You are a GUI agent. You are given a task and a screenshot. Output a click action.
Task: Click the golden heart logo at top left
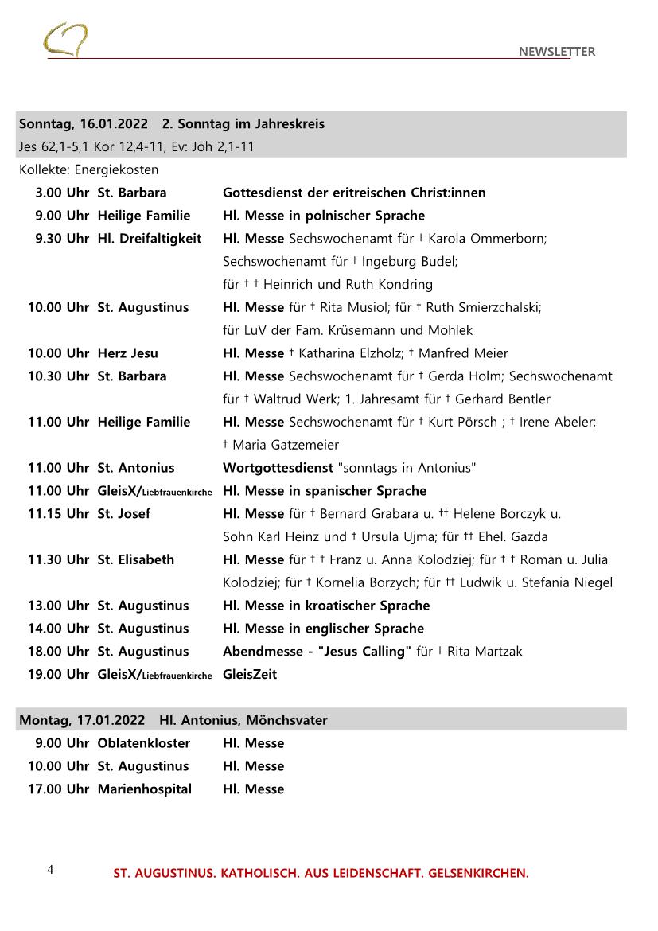[x=65, y=40]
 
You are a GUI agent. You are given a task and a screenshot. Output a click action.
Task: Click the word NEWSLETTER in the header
[x=556, y=52]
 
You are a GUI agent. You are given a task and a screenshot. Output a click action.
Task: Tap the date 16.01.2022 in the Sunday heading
[x=114, y=124]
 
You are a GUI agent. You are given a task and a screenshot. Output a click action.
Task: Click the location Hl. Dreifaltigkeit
[x=150, y=239]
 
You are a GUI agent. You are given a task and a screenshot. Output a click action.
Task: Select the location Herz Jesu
[x=127, y=353]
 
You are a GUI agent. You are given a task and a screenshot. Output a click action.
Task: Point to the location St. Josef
[x=123, y=514]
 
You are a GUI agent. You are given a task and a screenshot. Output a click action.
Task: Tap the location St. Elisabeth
[x=135, y=560]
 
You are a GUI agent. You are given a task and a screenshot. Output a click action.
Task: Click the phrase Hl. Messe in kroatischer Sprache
[x=326, y=606]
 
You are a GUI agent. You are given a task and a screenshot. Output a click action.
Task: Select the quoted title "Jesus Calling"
[x=364, y=652]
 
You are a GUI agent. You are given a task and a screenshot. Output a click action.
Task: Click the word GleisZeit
[x=250, y=675]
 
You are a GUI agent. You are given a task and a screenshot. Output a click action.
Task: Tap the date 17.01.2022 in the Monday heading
[x=111, y=720]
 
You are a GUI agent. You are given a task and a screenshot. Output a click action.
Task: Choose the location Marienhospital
[x=144, y=789]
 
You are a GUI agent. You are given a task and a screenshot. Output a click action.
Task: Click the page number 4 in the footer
[x=50, y=870]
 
